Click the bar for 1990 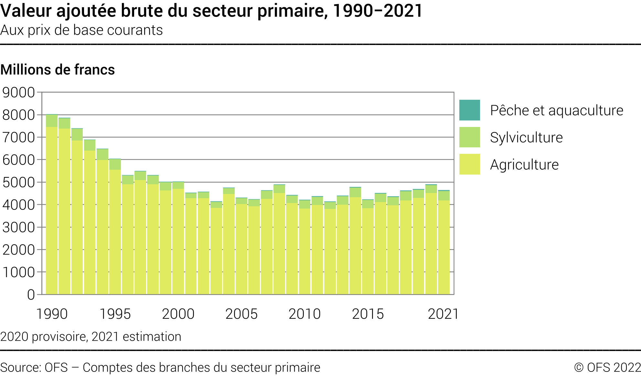coord(52,204)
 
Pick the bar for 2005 coord(241,246)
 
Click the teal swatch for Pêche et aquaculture coord(469,110)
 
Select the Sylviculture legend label coord(526,137)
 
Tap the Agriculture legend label coord(524,165)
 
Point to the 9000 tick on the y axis coord(19,93)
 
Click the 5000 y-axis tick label coord(19,182)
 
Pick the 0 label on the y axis coord(31,295)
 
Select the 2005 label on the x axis coord(241,314)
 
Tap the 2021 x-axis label coord(443,314)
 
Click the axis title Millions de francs coord(58,70)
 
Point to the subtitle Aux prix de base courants coord(81,30)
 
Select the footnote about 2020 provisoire coord(91,336)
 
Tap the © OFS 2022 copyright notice coord(607,368)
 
